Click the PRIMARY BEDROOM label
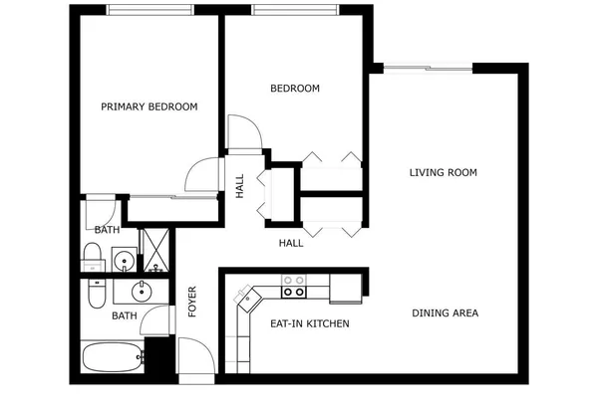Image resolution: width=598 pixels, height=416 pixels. point(149,106)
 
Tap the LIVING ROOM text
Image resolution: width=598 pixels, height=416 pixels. point(444,172)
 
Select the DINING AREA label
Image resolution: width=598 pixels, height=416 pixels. point(445,312)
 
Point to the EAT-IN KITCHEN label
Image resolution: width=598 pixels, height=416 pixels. point(309,323)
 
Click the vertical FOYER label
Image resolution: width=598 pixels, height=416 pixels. point(192,303)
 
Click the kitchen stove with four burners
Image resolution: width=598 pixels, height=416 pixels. point(294,287)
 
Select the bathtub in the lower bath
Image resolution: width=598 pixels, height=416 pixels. point(112,357)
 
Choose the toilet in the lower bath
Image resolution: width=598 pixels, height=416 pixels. point(95,296)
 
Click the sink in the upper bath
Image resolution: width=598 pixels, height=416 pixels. point(125,262)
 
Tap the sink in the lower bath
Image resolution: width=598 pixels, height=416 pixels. point(141,292)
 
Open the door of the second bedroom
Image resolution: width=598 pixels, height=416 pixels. point(243,133)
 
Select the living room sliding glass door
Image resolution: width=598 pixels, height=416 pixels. point(428,68)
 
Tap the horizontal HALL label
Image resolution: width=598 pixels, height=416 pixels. point(291,242)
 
